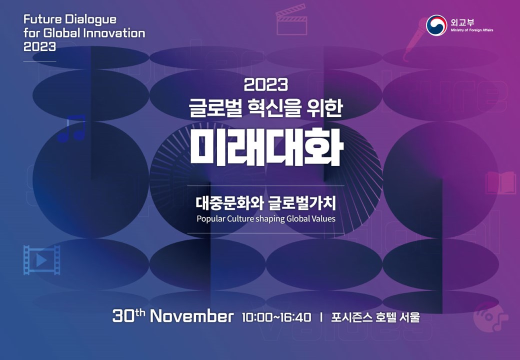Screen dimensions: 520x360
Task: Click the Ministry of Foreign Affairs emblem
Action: [436, 25]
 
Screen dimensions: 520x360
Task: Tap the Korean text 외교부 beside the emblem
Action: [462, 22]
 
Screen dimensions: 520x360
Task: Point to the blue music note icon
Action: [72, 128]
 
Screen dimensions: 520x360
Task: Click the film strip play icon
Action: [42, 260]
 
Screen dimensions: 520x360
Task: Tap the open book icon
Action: [501, 182]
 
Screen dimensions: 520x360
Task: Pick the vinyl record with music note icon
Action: [490, 317]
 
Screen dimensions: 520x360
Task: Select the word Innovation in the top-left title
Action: [114, 33]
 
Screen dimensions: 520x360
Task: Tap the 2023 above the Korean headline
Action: [266, 84]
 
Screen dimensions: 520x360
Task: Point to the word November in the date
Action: [191, 316]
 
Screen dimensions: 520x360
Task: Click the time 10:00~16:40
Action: [276, 317]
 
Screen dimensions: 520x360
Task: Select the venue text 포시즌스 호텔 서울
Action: [375, 317]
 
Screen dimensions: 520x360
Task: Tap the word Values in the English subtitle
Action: [323, 219]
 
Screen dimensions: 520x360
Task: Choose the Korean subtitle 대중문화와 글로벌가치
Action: [265, 203]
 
